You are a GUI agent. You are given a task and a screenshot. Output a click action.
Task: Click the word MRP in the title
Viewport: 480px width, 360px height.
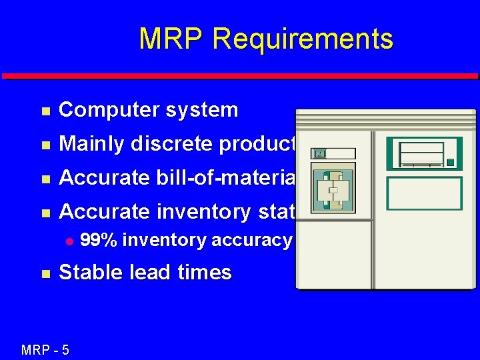point(171,39)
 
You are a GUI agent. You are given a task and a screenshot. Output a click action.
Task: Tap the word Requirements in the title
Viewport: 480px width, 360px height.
point(302,39)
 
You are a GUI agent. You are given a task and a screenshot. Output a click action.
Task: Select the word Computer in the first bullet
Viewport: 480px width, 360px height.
point(102,110)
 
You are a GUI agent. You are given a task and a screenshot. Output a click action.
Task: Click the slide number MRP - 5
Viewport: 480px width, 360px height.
point(45,349)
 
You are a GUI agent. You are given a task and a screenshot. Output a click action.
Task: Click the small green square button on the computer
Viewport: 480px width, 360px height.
point(451,162)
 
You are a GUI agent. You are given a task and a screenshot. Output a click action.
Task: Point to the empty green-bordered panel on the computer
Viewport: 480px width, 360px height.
point(424,193)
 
